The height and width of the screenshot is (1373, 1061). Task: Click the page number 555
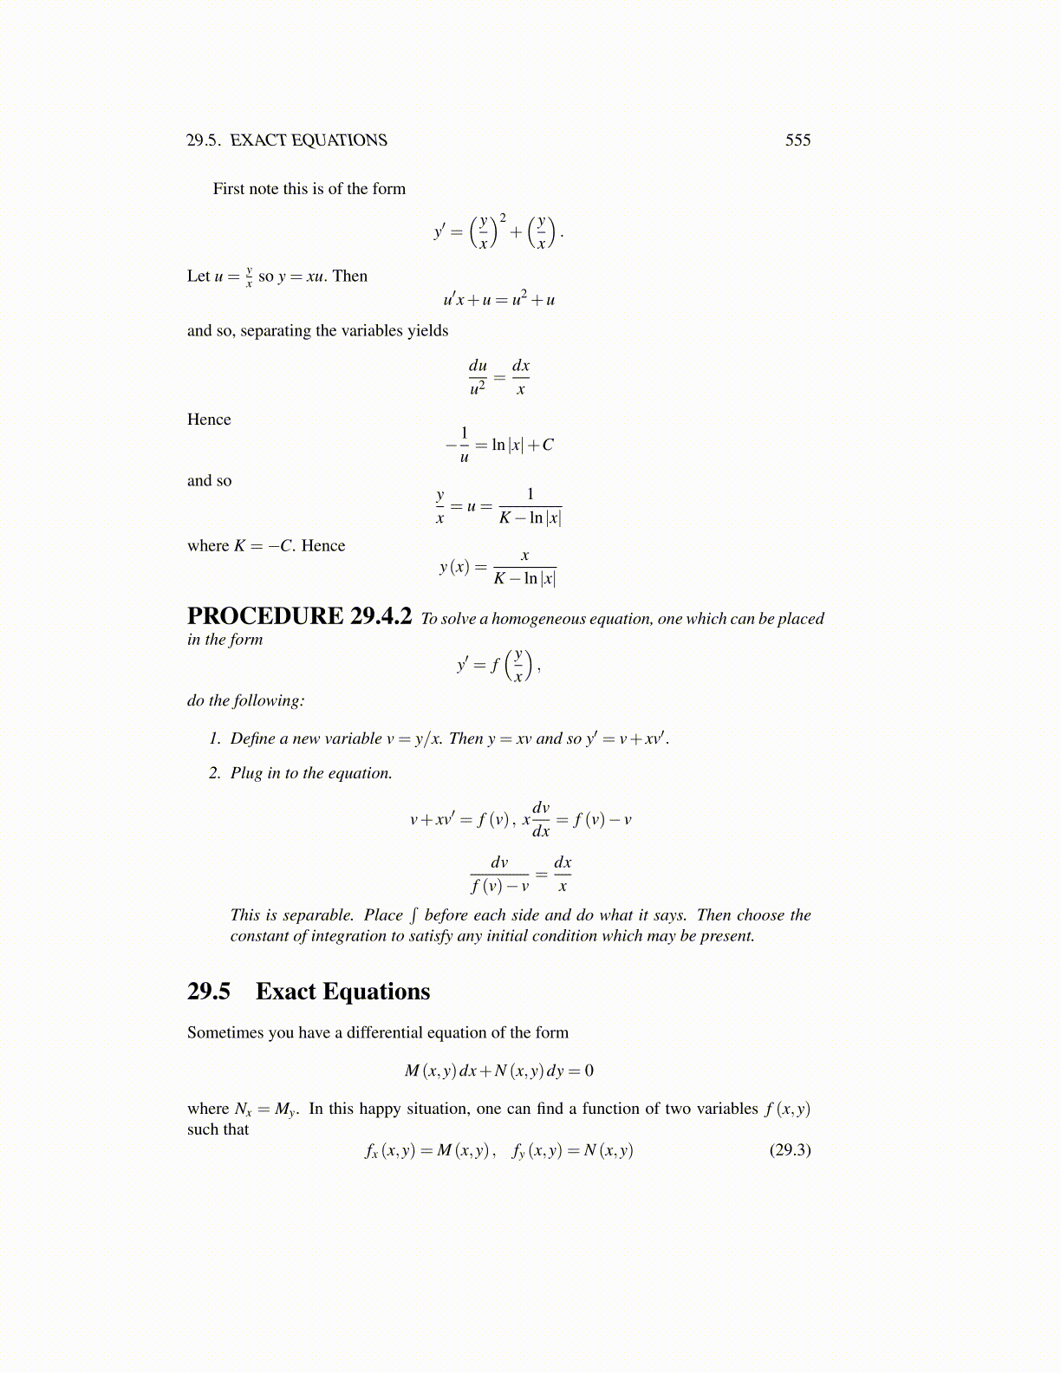coord(797,140)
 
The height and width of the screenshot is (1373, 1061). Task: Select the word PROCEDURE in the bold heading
coord(265,616)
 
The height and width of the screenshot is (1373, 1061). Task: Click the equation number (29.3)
coord(790,1150)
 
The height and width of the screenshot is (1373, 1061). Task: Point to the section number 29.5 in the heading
coord(208,992)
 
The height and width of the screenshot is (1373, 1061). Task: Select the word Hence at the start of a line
coord(209,420)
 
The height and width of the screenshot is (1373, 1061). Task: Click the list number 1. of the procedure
coord(215,739)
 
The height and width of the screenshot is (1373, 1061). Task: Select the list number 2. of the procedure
coord(215,773)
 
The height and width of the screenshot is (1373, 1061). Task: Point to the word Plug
coord(246,773)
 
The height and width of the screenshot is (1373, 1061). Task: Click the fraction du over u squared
coord(478,377)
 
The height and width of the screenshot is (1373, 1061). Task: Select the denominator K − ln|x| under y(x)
coord(524,578)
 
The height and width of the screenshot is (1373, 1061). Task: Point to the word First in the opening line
coord(229,189)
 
